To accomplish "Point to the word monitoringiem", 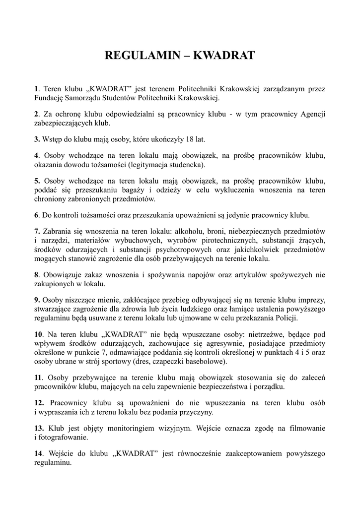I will (x=151, y=428).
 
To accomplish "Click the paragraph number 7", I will (x=37, y=232).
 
